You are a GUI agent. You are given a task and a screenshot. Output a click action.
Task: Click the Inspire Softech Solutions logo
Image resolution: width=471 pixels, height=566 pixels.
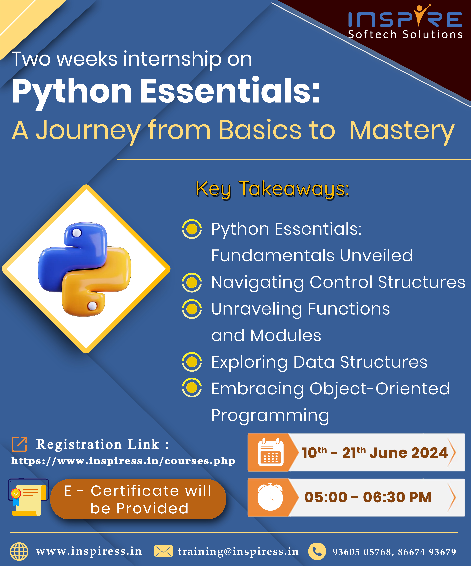tap(405, 22)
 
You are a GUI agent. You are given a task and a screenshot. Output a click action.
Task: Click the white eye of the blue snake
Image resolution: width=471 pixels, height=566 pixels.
tap(77, 232)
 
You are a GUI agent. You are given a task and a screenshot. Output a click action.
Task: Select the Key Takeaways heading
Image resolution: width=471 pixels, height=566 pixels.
tap(273, 189)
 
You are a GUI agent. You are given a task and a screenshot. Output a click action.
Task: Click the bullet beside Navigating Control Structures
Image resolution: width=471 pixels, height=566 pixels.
tap(192, 282)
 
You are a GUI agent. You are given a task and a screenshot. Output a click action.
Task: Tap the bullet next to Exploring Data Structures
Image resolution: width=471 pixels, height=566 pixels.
tap(192, 362)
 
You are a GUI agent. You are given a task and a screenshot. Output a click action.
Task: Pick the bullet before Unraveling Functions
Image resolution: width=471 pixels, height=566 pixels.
tap(192, 309)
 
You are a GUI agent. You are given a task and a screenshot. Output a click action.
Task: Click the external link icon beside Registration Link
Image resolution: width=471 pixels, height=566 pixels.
tap(19, 444)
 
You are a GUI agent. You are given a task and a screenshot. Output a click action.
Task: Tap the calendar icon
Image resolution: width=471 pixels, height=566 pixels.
tap(270, 452)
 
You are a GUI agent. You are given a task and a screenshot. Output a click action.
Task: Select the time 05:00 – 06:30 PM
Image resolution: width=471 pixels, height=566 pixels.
tap(368, 497)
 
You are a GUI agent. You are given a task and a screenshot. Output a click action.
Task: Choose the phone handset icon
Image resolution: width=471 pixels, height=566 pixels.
tap(317, 551)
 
